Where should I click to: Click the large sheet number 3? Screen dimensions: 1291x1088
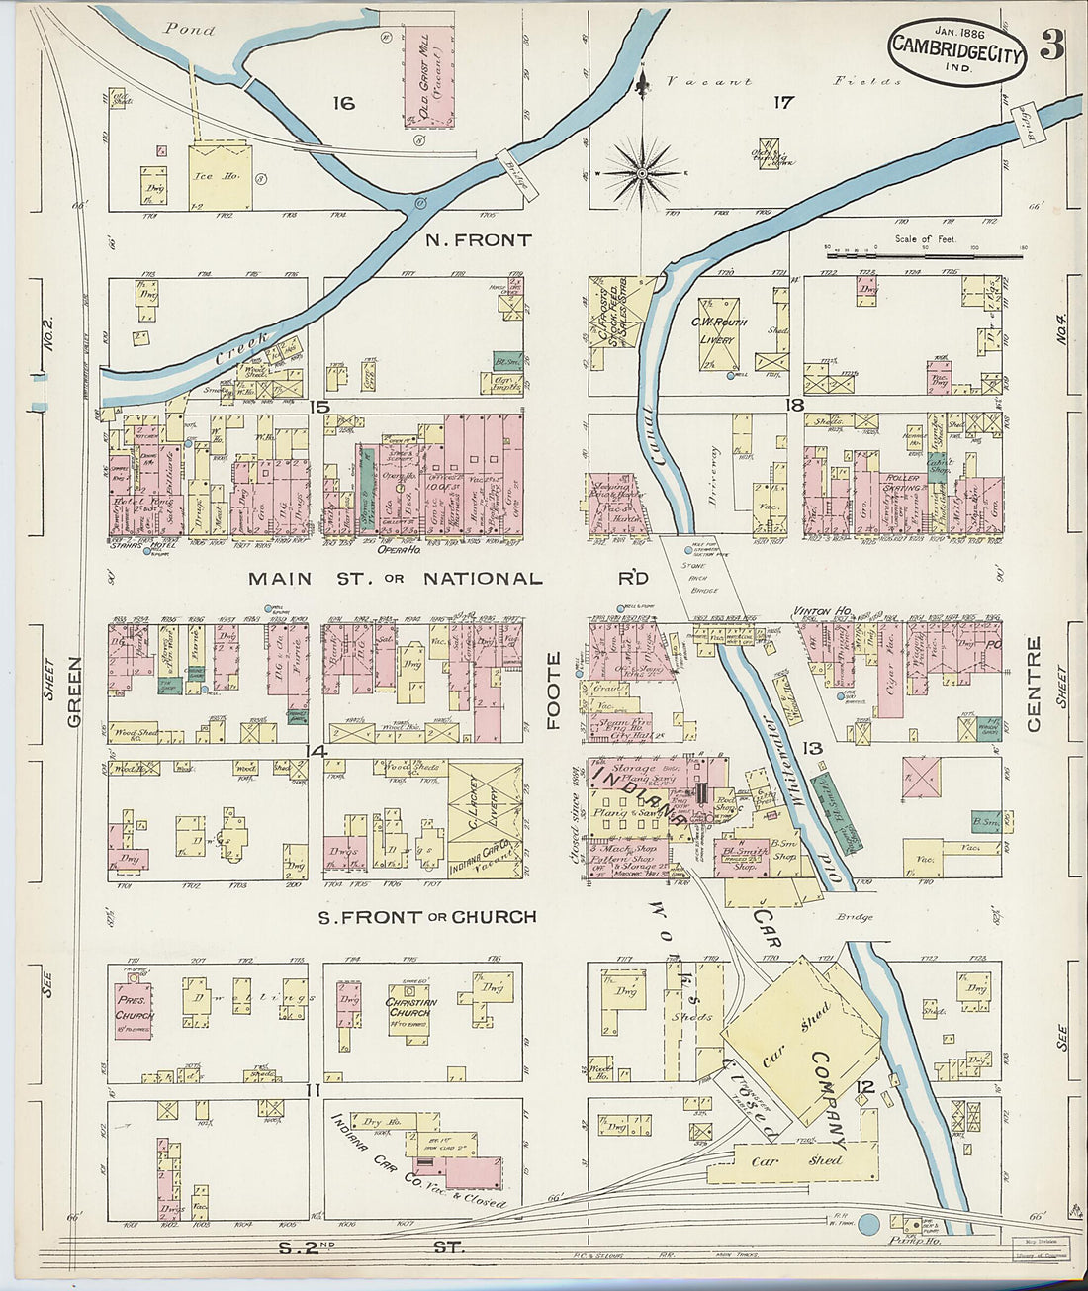tap(1050, 46)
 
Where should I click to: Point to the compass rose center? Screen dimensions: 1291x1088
tap(643, 174)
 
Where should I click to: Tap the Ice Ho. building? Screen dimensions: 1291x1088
tap(220, 178)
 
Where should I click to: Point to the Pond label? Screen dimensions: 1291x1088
tap(189, 30)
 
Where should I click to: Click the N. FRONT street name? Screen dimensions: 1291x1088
tap(479, 240)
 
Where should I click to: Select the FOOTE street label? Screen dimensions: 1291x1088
tap(554, 691)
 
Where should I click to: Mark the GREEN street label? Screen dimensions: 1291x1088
tap(75, 692)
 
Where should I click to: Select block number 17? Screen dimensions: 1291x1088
tap(782, 101)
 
